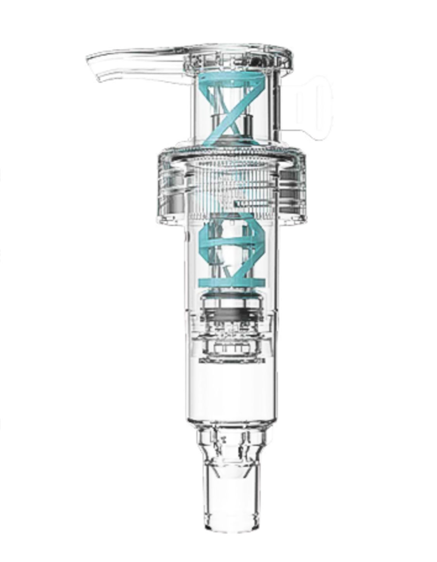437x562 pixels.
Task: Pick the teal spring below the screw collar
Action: pyautogui.click(x=232, y=252)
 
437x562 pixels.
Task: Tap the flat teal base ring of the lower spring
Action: pyautogui.click(x=232, y=283)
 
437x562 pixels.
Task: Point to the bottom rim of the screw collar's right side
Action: pyautogui.click(x=291, y=221)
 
